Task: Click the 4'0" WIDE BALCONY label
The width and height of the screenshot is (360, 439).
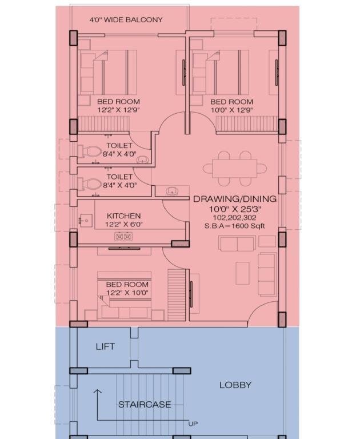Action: point(126,20)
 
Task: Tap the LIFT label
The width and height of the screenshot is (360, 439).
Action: point(105,346)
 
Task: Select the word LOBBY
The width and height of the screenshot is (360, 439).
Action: point(235,385)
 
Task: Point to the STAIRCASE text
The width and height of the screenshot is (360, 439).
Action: point(145,405)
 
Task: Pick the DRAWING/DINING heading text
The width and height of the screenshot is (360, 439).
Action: point(235,199)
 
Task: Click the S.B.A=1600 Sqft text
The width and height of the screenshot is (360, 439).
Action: point(234,226)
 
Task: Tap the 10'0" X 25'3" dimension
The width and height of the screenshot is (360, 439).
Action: point(235,209)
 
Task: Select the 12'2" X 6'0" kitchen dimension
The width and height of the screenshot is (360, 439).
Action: point(124,224)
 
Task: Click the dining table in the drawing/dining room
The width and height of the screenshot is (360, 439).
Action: point(235,168)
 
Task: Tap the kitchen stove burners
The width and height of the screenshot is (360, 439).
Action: point(123,237)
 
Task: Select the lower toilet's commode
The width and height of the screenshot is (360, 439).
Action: point(89,184)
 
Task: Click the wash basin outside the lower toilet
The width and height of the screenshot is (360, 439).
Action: point(172,191)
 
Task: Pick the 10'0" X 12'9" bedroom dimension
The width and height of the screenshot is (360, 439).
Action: point(232,110)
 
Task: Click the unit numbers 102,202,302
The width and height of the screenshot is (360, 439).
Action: point(235,218)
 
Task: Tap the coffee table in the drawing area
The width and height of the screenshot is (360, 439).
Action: point(242,273)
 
